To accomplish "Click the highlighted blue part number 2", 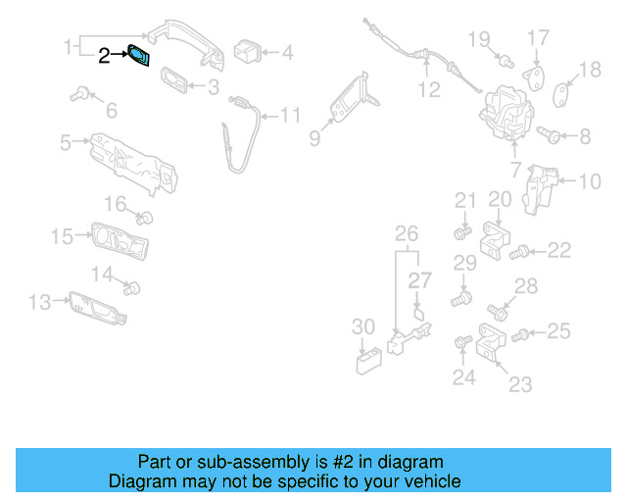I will (x=140, y=57).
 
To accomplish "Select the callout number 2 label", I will (x=105, y=57).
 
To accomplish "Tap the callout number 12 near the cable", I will (x=429, y=89).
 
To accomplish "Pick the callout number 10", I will (x=590, y=181).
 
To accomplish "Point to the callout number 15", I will (x=62, y=236).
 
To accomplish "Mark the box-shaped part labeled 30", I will (x=369, y=361).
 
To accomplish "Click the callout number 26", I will (x=406, y=233).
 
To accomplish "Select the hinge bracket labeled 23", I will (x=492, y=346).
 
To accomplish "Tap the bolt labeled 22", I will (x=521, y=253).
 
